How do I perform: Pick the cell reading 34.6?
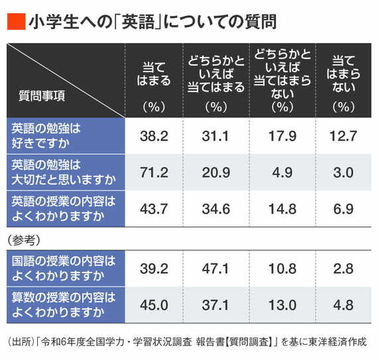[x=216, y=208]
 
